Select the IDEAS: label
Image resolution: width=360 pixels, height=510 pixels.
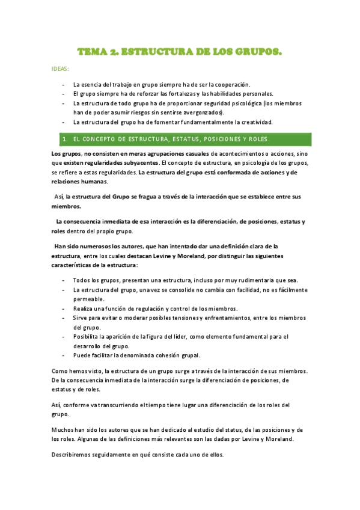[x=61, y=69]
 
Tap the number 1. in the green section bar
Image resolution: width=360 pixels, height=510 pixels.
[x=65, y=140]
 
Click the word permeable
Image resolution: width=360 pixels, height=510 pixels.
[x=88, y=299]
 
